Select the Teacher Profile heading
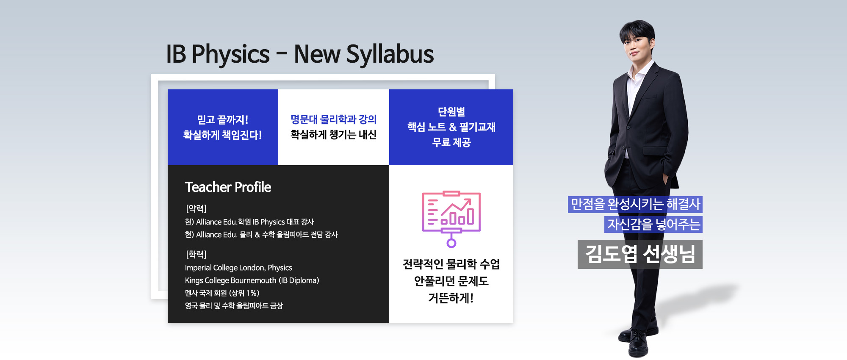click(228, 187)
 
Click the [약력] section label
click(196, 208)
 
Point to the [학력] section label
click(196, 254)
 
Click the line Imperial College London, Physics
click(238, 268)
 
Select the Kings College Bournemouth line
click(252, 280)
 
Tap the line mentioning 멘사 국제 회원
click(222, 293)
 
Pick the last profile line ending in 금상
click(234, 306)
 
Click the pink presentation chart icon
click(451, 219)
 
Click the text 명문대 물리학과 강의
click(334, 119)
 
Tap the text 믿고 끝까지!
click(223, 120)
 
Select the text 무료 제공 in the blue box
click(451, 142)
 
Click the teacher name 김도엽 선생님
click(640, 254)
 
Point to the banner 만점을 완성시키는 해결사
click(635, 205)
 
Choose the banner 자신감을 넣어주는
click(653, 224)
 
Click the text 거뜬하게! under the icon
click(451, 298)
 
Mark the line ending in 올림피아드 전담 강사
click(261, 235)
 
